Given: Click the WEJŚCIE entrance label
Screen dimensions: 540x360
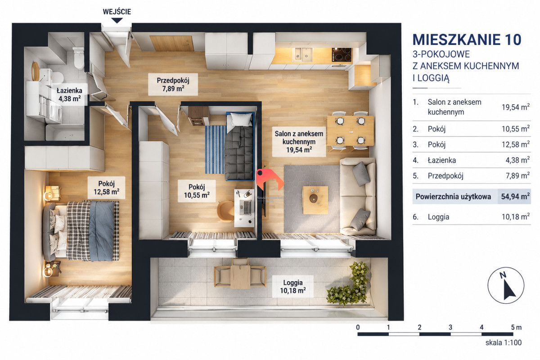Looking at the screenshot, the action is pyautogui.click(x=117, y=12).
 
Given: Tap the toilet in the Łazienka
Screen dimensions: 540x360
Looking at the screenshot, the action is pyautogui.click(x=79, y=58).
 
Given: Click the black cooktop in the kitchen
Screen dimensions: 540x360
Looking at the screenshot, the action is pyautogui.click(x=342, y=54).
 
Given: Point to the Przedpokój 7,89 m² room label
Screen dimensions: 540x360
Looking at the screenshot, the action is pyautogui.click(x=173, y=85).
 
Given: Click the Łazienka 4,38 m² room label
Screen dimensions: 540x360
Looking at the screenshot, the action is pyautogui.click(x=69, y=94).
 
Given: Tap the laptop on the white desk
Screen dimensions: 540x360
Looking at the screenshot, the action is pyautogui.click(x=246, y=207).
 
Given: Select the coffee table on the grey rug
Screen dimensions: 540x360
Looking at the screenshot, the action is pyautogui.click(x=315, y=200).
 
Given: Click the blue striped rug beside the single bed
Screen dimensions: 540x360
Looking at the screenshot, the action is pyautogui.click(x=215, y=149).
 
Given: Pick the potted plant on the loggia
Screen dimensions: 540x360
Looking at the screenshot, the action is pyautogui.click(x=350, y=284).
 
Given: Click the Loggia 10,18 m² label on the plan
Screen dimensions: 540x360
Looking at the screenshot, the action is pyautogui.click(x=292, y=287).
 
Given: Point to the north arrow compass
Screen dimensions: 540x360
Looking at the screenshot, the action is pyautogui.click(x=506, y=285).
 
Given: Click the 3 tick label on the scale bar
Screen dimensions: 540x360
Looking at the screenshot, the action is pyautogui.click(x=450, y=327).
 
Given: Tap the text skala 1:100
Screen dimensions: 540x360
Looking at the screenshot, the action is pyautogui.click(x=504, y=342).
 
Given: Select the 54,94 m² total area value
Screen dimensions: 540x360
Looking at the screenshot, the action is pyautogui.click(x=515, y=196).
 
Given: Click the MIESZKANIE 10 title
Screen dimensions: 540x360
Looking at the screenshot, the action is pyautogui.click(x=467, y=40).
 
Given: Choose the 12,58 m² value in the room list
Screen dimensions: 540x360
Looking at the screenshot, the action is pyautogui.click(x=516, y=144).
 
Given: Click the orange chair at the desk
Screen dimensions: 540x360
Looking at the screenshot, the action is pyautogui.click(x=225, y=211).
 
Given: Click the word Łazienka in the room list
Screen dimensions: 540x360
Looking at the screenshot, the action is pyautogui.click(x=441, y=160).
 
